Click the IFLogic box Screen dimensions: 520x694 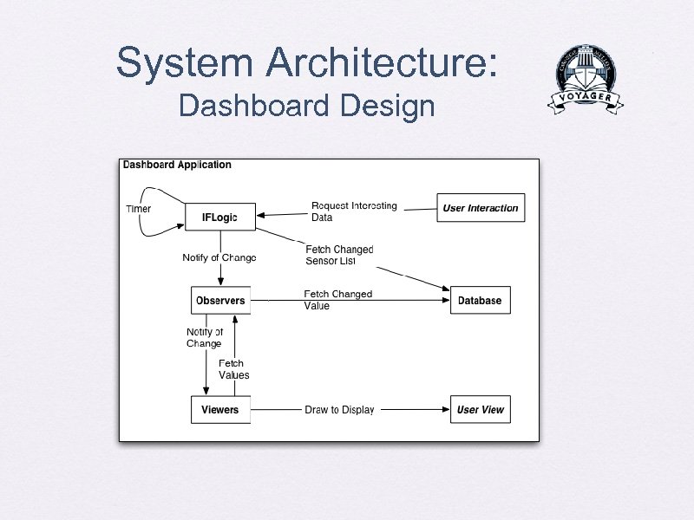[220, 217]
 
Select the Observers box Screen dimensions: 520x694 [220, 301]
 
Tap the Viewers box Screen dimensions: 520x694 [220, 410]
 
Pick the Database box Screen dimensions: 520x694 [480, 301]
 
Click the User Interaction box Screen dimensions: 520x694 [481, 208]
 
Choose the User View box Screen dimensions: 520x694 [480, 410]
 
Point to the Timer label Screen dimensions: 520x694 [138, 209]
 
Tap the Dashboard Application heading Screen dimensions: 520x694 [177, 165]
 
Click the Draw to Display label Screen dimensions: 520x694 [339, 410]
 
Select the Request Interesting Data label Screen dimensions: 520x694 [353, 211]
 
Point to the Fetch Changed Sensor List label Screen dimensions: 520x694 [338, 255]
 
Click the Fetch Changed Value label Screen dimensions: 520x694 [337, 300]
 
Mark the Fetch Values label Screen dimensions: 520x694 [233, 369]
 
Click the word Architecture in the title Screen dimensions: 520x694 [382, 63]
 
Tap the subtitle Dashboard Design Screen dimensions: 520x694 [306, 107]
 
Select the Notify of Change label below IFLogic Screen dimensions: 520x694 [219, 257]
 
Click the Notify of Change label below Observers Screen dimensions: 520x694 [205, 338]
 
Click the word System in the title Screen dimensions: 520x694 [184, 63]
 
